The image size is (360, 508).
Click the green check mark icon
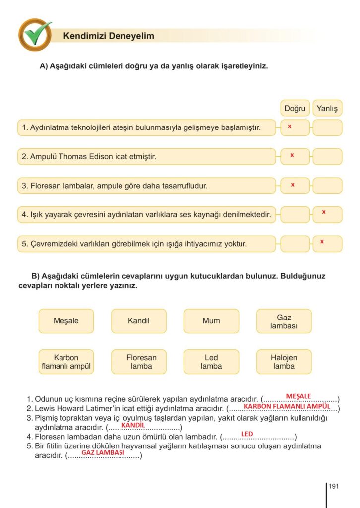click(x=35, y=34)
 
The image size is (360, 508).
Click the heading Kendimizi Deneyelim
click(x=109, y=36)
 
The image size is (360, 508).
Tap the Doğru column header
click(x=295, y=108)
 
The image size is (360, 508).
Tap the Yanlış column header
click(x=327, y=108)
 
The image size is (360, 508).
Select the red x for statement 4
click(x=324, y=212)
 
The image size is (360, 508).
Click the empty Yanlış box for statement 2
click(x=327, y=156)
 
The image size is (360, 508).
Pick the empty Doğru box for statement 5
click(x=295, y=244)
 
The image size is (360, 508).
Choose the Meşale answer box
click(x=66, y=321)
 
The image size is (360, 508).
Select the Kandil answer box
click(x=139, y=321)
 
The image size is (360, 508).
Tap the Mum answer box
click(x=211, y=321)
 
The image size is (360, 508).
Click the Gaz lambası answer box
click(x=284, y=321)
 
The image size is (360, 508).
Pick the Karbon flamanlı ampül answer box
click(x=66, y=362)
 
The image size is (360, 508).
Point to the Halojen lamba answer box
click(x=284, y=362)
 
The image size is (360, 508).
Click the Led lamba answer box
click(x=211, y=362)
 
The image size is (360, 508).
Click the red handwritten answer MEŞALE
click(x=299, y=396)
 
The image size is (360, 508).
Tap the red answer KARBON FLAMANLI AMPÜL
click(x=287, y=406)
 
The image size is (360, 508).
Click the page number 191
click(x=333, y=487)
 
